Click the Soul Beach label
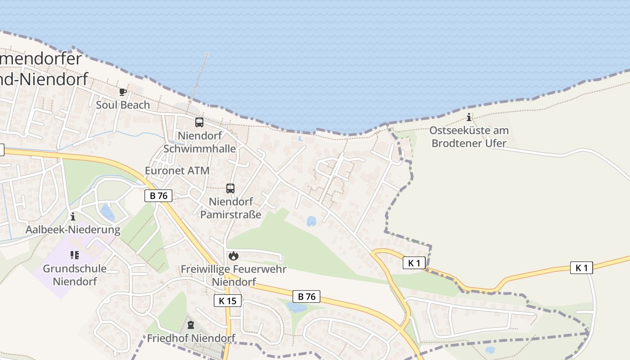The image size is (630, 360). click(x=123, y=105)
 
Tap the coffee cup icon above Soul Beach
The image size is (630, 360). click(x=122, y=92)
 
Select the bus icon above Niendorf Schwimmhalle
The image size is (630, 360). click(x=199, y=122)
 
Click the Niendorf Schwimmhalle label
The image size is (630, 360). click(x=199, y=142)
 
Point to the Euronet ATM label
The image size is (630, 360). click(x=177, y=171)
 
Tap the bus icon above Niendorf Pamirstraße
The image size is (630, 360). click(x=230, y=188)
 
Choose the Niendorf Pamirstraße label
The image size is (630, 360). click(x=230, y=208)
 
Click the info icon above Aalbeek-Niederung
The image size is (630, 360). click(x=73, y=217)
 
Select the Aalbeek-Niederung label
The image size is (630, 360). click(x=73, y=230)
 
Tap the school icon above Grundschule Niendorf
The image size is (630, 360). click(x=75, y=255)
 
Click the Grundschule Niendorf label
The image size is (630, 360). click(x=75, y=275)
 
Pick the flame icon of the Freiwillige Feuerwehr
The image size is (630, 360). click(x=233, y=256)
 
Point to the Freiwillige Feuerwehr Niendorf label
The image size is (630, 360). click(x=234, y=275)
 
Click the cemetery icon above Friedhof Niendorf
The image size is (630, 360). click(x=191, y=324)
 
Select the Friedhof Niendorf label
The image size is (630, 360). click(x=191, y=338)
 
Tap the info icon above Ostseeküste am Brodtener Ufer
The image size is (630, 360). click(x=469, y=117)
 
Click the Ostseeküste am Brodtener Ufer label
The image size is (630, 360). click(x=469, y=137)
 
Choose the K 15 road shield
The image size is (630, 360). click(x=227, y=301)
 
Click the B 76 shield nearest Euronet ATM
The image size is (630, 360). click(x=158, y=196)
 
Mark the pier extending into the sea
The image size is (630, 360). click(x=198, y=81)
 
